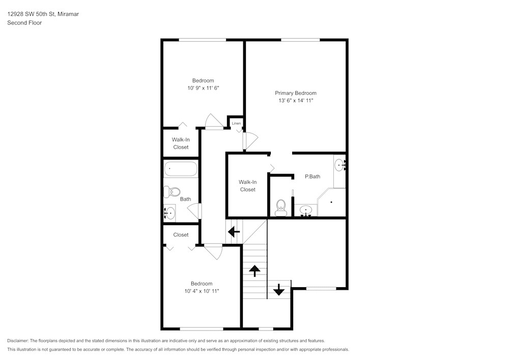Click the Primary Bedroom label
pyautogui.click(x=295, y=93)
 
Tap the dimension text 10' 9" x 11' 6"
pyautogui.click(x=203, y=88)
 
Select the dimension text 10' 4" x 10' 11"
pyautogui.click(x=202, y=291)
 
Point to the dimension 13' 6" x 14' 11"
pyautogui.click(x=295, y=101)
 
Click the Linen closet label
pyautogui.click(x=236, y=123)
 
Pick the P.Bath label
pyautogui.click(x=312, y=177)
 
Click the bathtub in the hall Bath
pyautogui.click(x=180, y=169)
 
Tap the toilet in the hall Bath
pyautogui.click(x=172, y=192)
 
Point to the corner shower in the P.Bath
pyautogui.click(x=332, y=203)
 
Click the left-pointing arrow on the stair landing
pyautogui.click(x=234, y=232)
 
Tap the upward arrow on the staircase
pyautogui.click(x=254, y=270)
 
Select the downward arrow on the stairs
pyautogui.click(x=278, y=289)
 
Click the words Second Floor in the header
pyautogui.click(x=24, y=23)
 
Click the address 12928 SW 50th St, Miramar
pyautogui.click(x=43, y=14)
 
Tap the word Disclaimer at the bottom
pyautogui.click(x=18, y=341)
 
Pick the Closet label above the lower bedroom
pyautogui.click(x=181, y=235)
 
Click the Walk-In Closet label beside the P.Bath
pyautogui.click(x=247, y=186)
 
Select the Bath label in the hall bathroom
pyautogui.click(x=185, y=199)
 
